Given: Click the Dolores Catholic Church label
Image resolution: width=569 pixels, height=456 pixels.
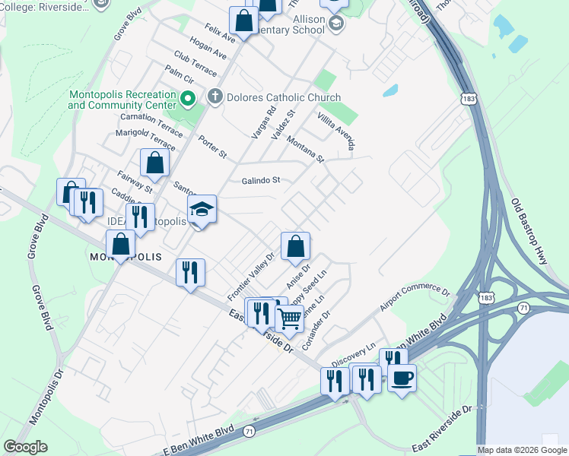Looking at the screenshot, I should click(283, 98).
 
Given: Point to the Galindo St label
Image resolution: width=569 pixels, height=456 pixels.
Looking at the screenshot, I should click(262, 180).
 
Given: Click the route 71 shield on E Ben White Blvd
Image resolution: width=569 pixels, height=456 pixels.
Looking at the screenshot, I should click(249, 431).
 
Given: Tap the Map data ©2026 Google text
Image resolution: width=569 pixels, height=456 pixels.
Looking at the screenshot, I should click(522, 450).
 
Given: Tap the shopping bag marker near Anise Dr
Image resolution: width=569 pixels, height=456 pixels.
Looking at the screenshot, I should click(295, 245).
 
